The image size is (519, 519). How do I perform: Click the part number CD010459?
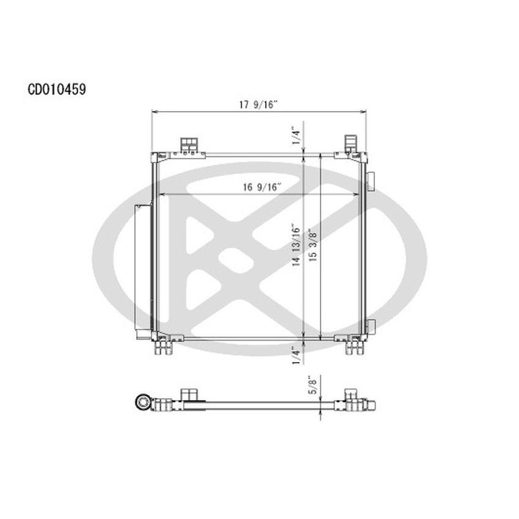(56, 89)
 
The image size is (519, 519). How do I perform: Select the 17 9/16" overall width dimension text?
(258, 104)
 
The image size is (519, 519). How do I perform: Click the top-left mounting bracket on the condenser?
(189, 145)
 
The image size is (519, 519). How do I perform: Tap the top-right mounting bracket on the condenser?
(350, 144)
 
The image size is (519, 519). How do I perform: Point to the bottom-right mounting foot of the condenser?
(354, 346)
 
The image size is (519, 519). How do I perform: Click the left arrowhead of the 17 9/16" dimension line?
(154, 112)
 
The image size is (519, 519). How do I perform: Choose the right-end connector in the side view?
(371, 404)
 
